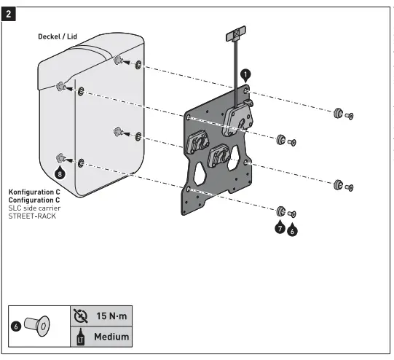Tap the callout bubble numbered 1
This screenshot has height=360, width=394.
[245, 74]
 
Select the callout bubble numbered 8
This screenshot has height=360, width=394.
[60, 173]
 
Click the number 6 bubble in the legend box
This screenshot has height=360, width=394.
[15, 326]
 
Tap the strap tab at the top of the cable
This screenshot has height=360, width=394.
[236, 35]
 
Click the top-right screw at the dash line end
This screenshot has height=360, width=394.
[348, 115]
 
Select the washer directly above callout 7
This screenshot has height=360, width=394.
[281, 211]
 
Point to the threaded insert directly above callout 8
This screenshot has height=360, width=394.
[60, 157]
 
